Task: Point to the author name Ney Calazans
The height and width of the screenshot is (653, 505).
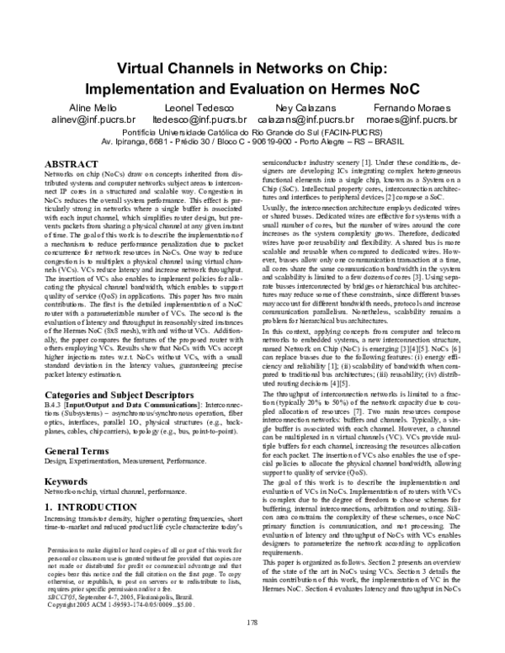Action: pos(309,109)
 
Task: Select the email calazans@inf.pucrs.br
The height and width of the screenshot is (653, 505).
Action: pos(310,121)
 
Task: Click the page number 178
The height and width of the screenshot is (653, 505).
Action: pos(252,622)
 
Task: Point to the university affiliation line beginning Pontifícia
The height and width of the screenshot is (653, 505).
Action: pos(252,133)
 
